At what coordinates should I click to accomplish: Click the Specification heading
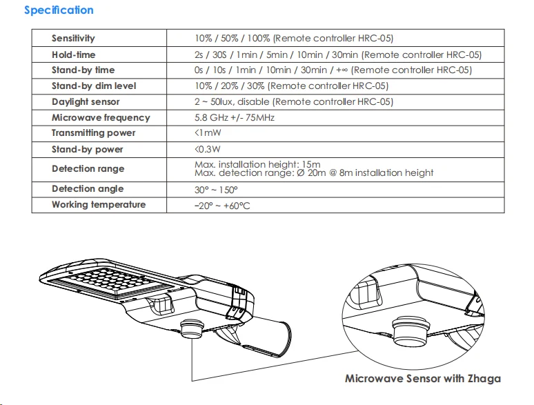click(59, 10)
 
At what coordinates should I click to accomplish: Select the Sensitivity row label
click(73, 39)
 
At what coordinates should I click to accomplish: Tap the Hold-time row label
click(73, 55)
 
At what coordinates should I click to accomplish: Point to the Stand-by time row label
click(83, 70)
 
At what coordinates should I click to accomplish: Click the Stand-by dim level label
click(94, 86)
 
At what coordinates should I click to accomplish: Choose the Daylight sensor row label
click(86, 102)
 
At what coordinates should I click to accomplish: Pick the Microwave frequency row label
click(101, 118)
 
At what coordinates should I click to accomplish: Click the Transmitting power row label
click(93, 133)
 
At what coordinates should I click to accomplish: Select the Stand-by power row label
click(87, 150)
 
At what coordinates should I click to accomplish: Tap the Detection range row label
click(88, 169)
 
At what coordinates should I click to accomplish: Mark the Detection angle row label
click(88, 189)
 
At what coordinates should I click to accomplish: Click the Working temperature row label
click(99, 205)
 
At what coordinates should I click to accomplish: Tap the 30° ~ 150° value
click(217, 189)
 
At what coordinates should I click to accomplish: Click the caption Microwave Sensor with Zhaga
click(423, 379)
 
